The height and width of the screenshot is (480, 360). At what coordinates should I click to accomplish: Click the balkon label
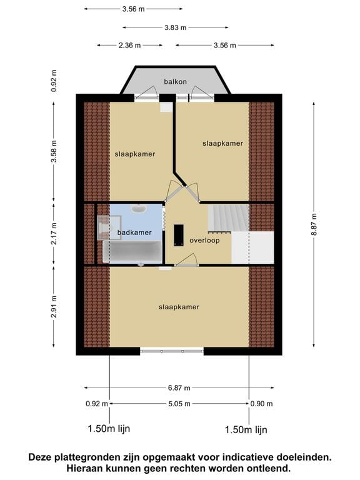pyautogui.click(x=175, y=82)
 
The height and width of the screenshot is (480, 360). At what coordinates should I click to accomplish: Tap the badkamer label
pyautogui.click(x=134, y=232)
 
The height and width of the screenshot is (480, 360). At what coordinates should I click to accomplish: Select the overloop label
pyautogui.click(x=204, y=241)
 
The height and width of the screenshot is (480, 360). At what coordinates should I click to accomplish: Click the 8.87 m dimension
pyautogui.click(x=314, y=225)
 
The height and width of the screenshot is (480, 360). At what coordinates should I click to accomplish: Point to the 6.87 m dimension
pyautogui.click(x=179, y=388)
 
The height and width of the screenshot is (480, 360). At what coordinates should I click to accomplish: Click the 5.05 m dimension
pyautogui.click(x=179, y=404)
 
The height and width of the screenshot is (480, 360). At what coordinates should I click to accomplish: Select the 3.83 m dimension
pyautogui.click(x=176, y=27)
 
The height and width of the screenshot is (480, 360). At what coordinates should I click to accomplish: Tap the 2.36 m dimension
pyautogui.click(x=130, y=46)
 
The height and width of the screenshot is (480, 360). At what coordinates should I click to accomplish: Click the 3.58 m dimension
pyautogui.click(x=54, y=151)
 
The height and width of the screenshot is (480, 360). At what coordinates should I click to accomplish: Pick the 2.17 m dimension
pyautogui.click(x=54, y=234)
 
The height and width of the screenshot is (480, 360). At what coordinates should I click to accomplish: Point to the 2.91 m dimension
pyautogui.click(x=54, y=307)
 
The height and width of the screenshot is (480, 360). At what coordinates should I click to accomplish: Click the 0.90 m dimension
pyautogui.click(x=261, y=404)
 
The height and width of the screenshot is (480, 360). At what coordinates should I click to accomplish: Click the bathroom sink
pyautogui.click(x=139, y=209)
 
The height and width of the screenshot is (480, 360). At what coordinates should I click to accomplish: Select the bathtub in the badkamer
pyautogui.click(x=132, y=252)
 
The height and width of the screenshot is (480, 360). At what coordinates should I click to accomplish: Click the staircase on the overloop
pyautogui.click(x=228, y=218)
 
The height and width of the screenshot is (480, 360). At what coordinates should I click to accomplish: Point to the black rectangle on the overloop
pyautogui.click(x=179, y=235)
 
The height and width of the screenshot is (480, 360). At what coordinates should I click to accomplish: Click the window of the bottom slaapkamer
pyautogui.click(x=172, y=351)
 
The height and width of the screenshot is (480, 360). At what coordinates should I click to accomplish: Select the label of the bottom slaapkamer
pyautogui.click(x=179, y=307)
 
